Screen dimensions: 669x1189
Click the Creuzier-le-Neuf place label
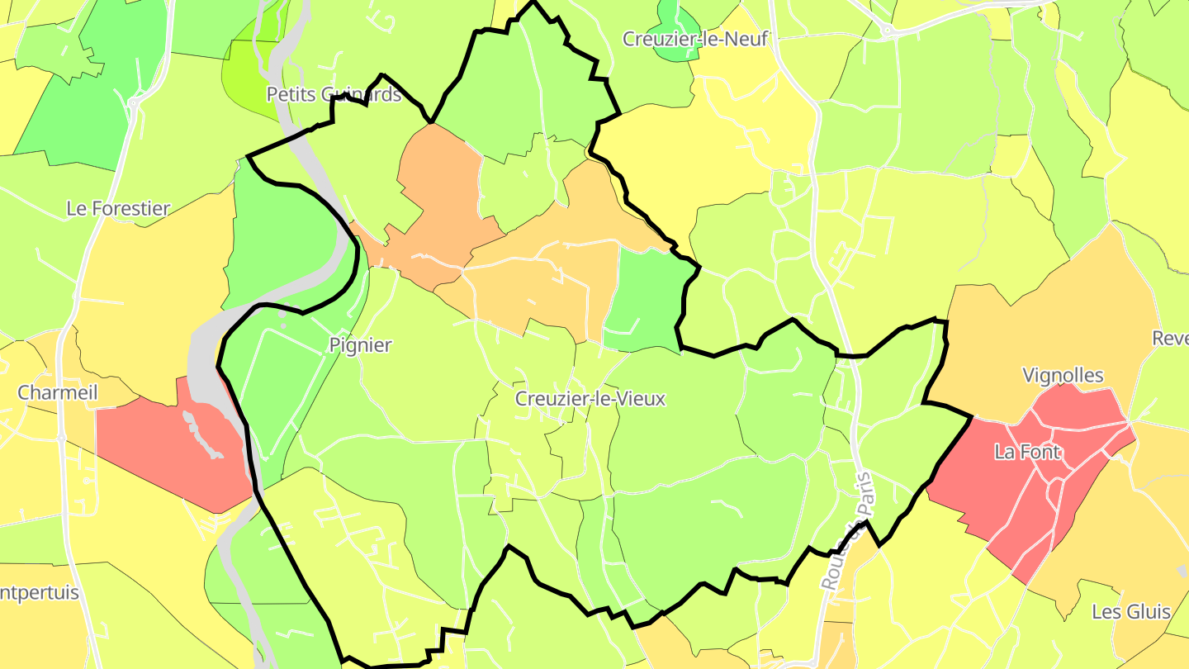click(695, 39)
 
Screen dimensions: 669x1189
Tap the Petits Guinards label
click(334, 94)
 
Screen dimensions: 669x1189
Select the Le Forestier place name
click(118, 208)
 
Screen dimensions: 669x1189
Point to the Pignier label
click(360, 345)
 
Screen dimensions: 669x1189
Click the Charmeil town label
click(58, 392)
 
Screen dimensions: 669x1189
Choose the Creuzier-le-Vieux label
click(590, 399)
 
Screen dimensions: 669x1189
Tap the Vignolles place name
click(1063, 376)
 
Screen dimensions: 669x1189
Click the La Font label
click(1027, 452)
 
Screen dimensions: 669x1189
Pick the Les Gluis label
click(1131, 612)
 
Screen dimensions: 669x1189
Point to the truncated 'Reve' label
click(1170, 339)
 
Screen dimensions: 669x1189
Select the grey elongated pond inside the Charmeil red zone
click(201, 434)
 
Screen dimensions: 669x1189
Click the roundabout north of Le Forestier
click(132, 103)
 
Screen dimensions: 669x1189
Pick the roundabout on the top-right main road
click(888, 31)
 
